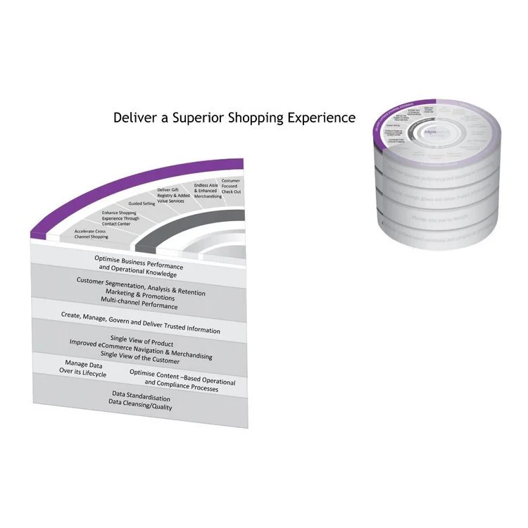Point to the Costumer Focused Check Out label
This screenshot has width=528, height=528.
click(x=230, y=186)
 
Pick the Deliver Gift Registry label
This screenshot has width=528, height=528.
click(x=172, y=194)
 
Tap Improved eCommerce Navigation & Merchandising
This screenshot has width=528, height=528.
click(x=141, y=350)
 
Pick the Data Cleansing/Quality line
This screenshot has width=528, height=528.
click(x=140, y=406)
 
